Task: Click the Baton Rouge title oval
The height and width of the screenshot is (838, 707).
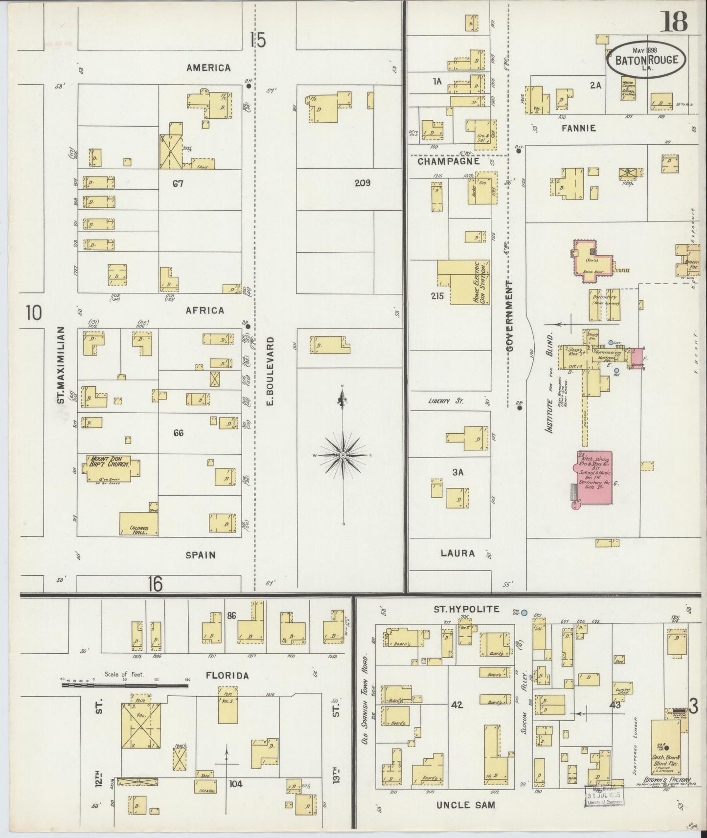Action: pyautogui.click(x=646, y=59)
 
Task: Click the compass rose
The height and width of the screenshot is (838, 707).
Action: pyautogui.click(x=343, y=455)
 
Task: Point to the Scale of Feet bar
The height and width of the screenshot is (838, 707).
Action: pyautogui.click(x=125, y=685)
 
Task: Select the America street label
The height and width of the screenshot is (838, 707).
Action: pyautogui.click(x=208, y=68)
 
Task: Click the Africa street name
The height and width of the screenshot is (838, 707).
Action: pyautogui.click(x=205, y=310)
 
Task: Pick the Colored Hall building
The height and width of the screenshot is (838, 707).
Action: pyautogui.click(x=138, y=524)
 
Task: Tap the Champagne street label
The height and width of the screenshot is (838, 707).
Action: pyautogui.click(x=449, y=160)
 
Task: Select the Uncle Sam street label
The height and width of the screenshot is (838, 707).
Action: pyautogui.click(x=465, y=805)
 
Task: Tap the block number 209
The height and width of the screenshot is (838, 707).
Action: pyautogui.click(x=363, y=183)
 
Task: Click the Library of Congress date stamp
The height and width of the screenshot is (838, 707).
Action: pyautogui.click(x=604, y=796)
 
